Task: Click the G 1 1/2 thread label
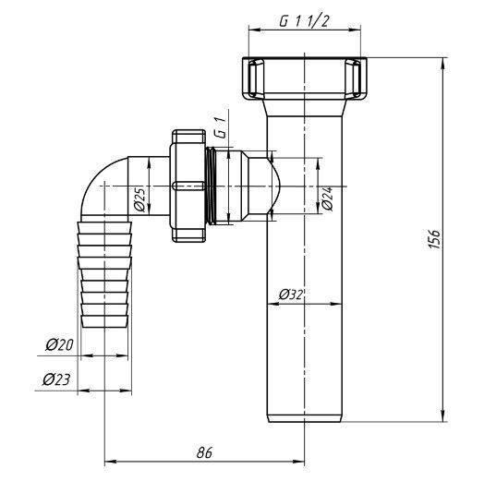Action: (x=304, y=21)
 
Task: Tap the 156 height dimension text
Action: (x=435, y=239)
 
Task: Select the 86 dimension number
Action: (x=204, y=452)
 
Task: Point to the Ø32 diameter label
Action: (x=291, y=295)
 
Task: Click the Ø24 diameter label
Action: (x=327, y=198)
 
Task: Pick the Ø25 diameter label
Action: (x=139, y=199)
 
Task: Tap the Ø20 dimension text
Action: (x=59, y=345)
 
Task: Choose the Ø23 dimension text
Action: (x=57, y=379)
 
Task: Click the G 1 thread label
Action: (x=220, y=128)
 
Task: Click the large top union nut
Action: (x=305, y=78)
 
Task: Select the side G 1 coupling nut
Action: (x=188, y=186)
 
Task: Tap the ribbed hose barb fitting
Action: (x=104, y=274)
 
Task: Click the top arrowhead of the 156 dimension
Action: (x=443, y=64)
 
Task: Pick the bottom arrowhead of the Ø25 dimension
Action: (x=149, y=210)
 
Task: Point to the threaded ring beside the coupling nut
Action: (x=212, y=186)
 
